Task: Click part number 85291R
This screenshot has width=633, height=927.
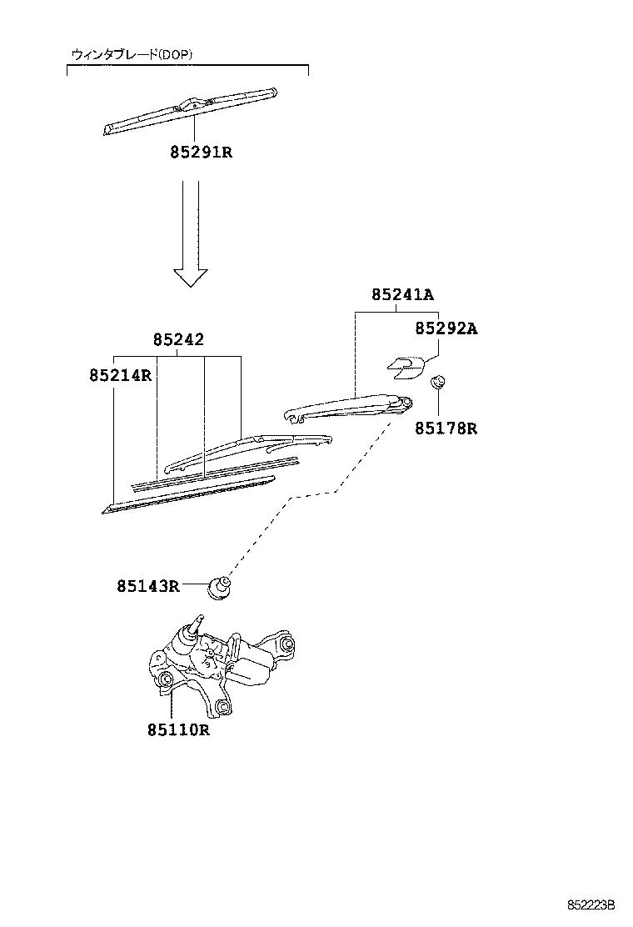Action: pyautogui.click(x=200, y=153)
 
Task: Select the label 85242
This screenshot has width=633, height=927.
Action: pyautogui.click(x=178, y=340)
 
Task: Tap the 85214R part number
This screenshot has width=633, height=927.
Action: pyautogui.click(x=120, y=375)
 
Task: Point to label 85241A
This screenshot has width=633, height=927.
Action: pyautogui.click(x=402, y=294)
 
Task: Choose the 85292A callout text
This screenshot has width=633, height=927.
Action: pyautogui.click(x=446, y=328)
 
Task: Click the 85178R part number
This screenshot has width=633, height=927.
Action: pyautogui.click(x=446, y=428)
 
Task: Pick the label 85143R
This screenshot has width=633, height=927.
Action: pyautogui.click(x=148, y=586)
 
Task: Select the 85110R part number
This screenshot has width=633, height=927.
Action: pyautogui.click(x=178, y=730)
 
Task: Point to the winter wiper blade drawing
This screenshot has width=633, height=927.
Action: pyautogui.click(x=191, y=111)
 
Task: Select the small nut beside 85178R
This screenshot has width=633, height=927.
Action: pyautogui.click(x=436, y=383)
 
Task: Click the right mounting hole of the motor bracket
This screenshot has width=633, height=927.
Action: pyautogui.click(x=286, y=646)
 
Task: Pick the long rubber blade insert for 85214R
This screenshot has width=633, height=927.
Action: pyautogui.click(x=192, y=494)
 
